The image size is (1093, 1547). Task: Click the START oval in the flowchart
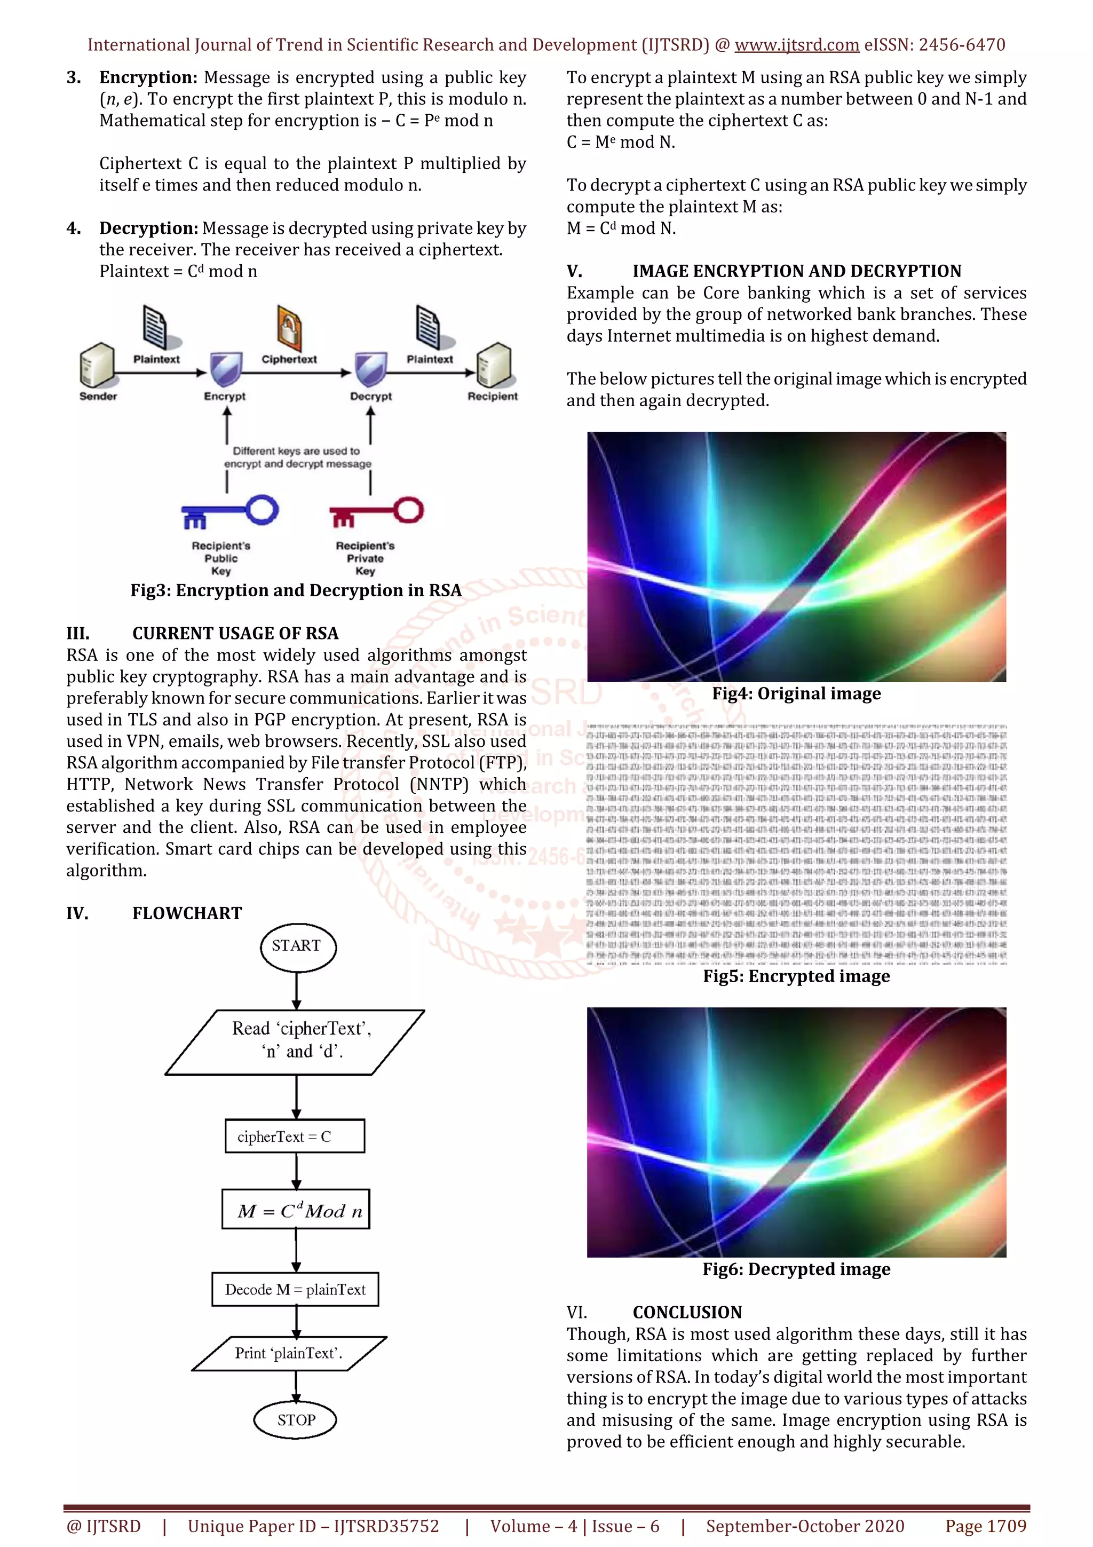[297, 946]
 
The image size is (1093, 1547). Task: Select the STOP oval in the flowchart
[296, 1419]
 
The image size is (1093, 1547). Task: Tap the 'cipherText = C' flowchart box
[295, 1136]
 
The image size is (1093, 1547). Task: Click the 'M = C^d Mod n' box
[296, 1210]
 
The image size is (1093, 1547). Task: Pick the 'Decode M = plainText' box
[295, 1289]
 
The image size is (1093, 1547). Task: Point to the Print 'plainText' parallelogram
[289, 1353]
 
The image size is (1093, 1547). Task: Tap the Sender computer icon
[96, 365]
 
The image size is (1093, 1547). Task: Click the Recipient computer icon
[494, 365]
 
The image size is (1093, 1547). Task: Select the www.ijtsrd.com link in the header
[796, 45]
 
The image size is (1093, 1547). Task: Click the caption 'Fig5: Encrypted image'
[796, 976]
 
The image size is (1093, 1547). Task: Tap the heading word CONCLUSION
[687, 1313]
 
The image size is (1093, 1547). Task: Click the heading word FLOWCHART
[187, 914]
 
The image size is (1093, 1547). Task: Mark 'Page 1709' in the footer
[985, 1526]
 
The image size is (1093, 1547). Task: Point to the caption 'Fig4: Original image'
[796, 694]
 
